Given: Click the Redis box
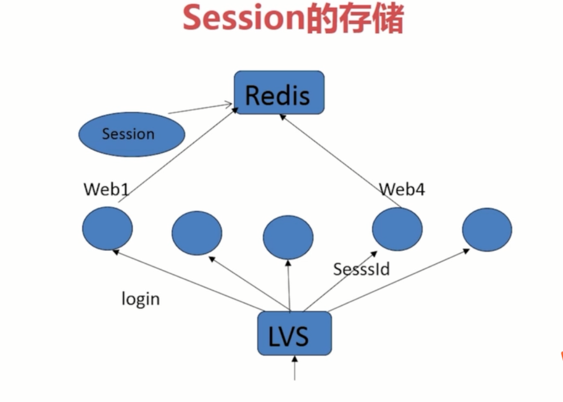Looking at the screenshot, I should [x=279, y=92].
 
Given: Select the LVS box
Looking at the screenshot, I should [x=294, y=334].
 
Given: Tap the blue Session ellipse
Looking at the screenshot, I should [x=132, y=134].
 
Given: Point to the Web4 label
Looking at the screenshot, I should [x=402, y=189].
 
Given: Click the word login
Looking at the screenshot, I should [x=140, y=299].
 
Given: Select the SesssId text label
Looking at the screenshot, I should [x=361, y=269].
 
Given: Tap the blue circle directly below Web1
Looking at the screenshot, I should [x=107, y=228].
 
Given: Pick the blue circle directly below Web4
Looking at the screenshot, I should [x=397, y=229].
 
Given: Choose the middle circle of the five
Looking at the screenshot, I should [x=288, y=237].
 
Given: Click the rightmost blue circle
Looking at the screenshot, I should [x=487, y=230].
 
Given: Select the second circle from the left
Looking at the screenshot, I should [x=197, y=232].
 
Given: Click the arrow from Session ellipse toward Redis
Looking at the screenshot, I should [x=200, y=109].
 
